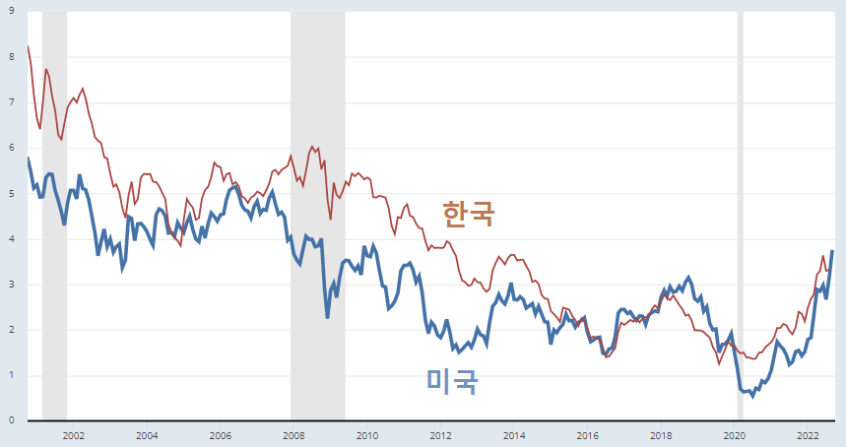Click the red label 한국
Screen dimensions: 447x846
pos(469,213)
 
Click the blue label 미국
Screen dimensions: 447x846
pos(452,381)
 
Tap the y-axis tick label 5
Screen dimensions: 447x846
pos(11,194)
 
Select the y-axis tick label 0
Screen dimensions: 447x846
pos(11,421)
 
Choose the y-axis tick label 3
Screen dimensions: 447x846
pos(11,285)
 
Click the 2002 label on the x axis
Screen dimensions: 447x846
pos(73,434)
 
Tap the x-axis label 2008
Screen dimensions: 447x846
pos(293,434)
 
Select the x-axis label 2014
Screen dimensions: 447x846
pos(513,434)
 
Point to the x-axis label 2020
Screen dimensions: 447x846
pos(734,434)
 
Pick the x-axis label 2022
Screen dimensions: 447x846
pos(808,434)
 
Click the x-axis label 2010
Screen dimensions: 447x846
pos(366,434)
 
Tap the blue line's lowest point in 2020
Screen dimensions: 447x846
pos(752,396)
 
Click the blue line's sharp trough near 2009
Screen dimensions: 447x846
pos(328,317)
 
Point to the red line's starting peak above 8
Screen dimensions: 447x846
pos(28,46)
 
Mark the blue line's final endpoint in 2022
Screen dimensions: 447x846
pos(832,251)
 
